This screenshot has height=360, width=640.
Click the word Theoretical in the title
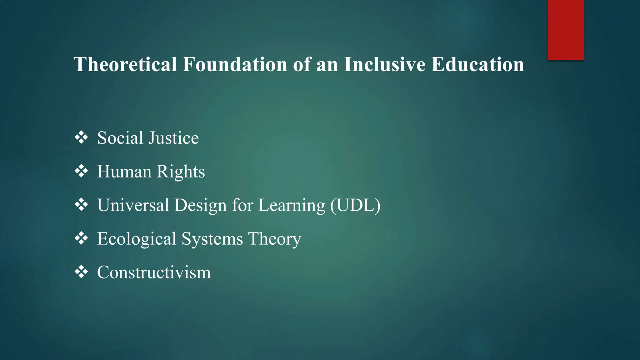[125, 64]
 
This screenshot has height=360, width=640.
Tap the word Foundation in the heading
[235, 64]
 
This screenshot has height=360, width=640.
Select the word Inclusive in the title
[385, 64]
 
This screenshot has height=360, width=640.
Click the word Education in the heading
[477, 64]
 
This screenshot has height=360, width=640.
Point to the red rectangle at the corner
[566, 30]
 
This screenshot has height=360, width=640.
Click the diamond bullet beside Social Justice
[81, 137]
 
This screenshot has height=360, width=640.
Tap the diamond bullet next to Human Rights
[81, 171]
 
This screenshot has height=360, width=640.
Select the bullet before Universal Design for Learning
[81, 205]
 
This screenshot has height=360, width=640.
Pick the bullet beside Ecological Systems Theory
[81, 238]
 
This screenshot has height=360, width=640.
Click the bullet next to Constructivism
[81, 272]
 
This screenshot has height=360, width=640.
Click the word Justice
[173, 138]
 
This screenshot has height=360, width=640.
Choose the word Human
[124, 172]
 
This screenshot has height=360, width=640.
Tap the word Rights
[181, 172]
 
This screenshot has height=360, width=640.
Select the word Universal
[133, 205]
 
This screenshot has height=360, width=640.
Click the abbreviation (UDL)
[355, 205]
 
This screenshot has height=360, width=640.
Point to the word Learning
[292, 205]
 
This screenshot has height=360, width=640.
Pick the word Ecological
[137, 239]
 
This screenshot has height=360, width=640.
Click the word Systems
[212, 239]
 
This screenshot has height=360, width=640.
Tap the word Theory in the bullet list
[275, 239]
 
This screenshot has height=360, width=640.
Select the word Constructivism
[154, 272]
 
